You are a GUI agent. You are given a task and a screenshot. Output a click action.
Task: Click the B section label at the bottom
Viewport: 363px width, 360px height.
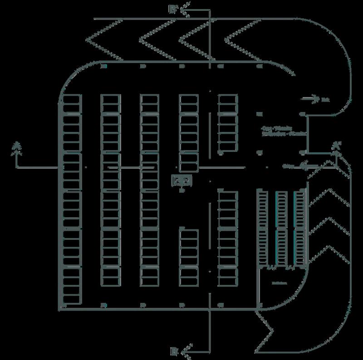pyautogui.click(x=173, y=350)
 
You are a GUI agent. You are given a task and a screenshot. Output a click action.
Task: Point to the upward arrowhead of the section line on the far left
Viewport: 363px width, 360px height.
pyautogui.click(x=17, y=146)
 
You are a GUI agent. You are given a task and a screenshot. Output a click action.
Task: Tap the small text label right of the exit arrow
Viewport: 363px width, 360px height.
pyautogui.click(x=325, y=99)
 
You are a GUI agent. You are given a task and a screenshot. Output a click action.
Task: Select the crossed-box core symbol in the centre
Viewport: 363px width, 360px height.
pyautogui.click(x=182, y=181)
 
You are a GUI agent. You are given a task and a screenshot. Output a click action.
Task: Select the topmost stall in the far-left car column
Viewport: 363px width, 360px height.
pyautogui.click(x=71, y=99)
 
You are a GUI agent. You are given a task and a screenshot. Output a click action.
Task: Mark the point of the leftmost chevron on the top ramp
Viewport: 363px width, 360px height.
pyautogui.click(x=87, y=39)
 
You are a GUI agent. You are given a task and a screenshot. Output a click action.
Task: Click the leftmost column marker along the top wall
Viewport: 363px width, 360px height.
pyautogui.click(x=103, y=66)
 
